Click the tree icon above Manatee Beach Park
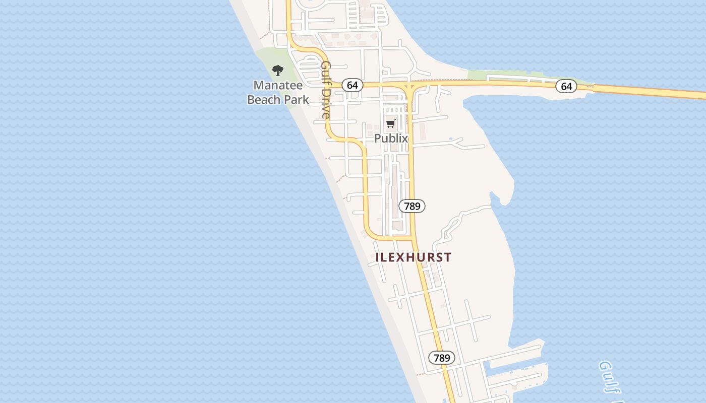tap(277, 70)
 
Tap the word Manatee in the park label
tap(278, 85)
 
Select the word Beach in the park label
tap(264, 99)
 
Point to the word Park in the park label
tap(296, 99)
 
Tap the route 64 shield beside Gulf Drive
tap(352, 85)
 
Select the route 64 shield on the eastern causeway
tap(566, 86)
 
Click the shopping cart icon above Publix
tap(390, 123)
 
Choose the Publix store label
tap(391, 138)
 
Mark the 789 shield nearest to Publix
tap(412, 206)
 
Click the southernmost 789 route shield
tap(442, 358)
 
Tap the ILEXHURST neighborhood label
tap(413, 257)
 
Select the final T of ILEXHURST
tap(448, 257)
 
